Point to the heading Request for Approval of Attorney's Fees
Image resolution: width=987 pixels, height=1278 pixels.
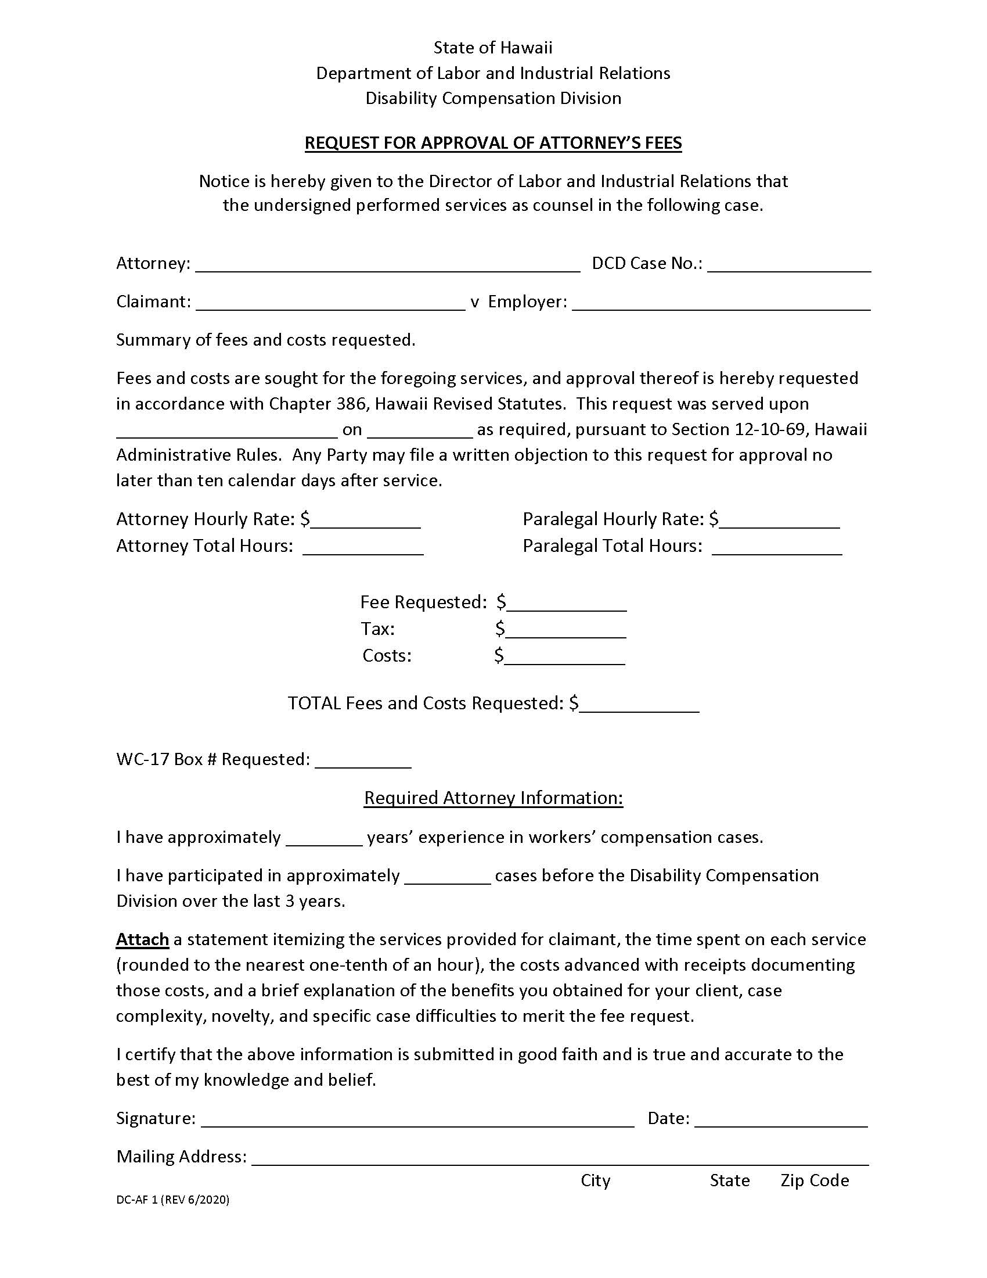coord(493,143)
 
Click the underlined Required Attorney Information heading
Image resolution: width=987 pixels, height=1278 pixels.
coord(493,798)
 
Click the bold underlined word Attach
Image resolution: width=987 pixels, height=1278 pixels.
coord(142,940)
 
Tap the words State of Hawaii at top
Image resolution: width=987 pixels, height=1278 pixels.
coord(493,48)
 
